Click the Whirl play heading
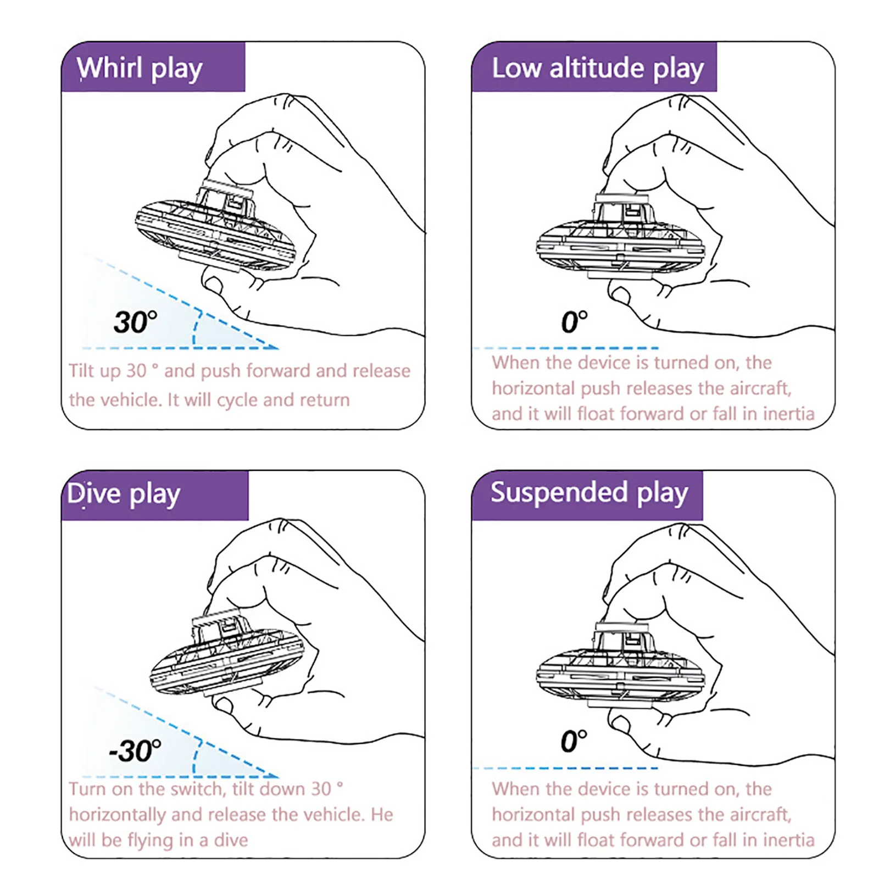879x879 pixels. point(140,69)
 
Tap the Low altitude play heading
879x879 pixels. point(597,69)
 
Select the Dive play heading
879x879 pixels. point(124,494)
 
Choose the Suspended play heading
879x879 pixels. point(589,493)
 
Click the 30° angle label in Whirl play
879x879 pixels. point(135,322)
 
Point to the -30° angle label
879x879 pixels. point(135,750)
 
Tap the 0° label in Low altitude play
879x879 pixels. point(574,322)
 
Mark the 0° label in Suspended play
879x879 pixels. point(574,741)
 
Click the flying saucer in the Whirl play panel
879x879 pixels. point(215,231)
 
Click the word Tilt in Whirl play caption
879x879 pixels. point(81,371)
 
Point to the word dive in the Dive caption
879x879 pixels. point(231,840)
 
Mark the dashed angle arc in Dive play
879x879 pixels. point(196,758)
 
